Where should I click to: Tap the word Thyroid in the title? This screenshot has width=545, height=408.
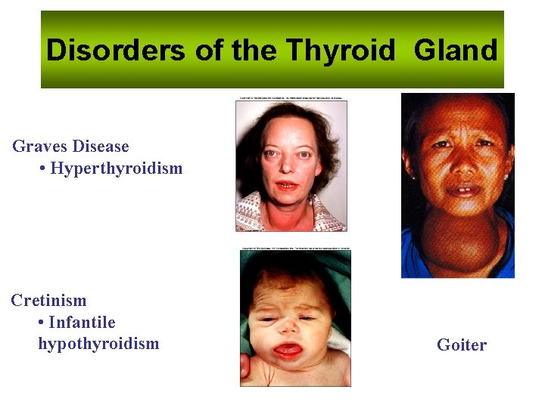click(341, 51)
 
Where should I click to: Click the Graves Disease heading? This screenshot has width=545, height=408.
click(70, 147)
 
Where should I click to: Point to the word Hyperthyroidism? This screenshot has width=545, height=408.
click(117, 168)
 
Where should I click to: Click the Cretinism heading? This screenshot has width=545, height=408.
click(48, 301)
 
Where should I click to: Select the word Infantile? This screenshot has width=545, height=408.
click(82, 323)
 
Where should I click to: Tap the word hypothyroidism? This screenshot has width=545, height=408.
click(98, 344)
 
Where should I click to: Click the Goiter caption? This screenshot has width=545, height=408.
click(462, 345)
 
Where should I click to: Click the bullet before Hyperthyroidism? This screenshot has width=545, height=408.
click(42, 168)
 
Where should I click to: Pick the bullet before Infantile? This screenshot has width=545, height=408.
click(40, 323)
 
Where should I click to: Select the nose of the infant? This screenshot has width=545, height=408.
click(289, 327)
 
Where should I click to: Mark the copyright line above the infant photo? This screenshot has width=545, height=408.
click(295, 248)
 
